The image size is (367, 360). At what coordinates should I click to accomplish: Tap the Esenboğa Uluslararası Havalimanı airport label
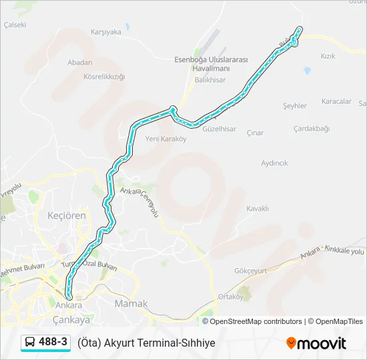(x=210, y=64)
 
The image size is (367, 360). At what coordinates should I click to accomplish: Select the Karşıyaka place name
(x=106, y=31)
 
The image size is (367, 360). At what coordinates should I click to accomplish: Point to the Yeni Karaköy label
(x=165, y=139)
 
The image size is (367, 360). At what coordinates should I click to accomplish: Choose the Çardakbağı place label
(x=312, y=128)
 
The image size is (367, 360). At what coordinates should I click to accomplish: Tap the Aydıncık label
(x=274, y=163)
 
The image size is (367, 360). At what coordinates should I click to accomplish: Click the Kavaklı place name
(x=257, y=209)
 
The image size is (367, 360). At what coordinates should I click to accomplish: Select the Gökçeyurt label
(x=251, y=271)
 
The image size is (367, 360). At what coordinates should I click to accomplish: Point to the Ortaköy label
(x=232, y=297)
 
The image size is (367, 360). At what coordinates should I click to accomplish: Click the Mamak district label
(x=131, y=304)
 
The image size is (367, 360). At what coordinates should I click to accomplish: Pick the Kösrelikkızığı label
(x=104, y=77)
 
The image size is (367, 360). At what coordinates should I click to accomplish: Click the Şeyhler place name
(x=294, y=105)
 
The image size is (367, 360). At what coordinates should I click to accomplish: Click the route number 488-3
(x=53, y=342)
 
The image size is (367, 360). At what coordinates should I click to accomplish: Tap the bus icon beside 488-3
(x=31, y=343)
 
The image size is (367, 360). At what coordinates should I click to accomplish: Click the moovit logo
(x=316, y=343)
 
